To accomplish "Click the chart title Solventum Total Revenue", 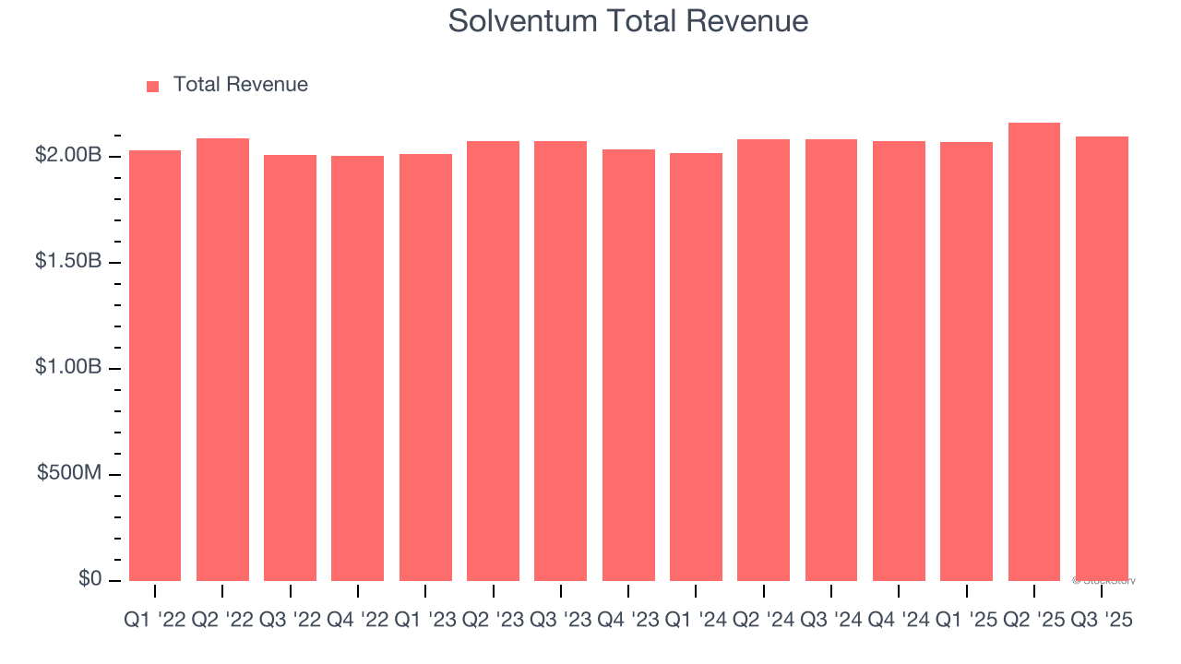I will (628, 21).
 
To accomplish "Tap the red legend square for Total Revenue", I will (153, 86).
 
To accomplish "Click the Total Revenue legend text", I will (240, 85).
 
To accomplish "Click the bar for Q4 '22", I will (358, 369).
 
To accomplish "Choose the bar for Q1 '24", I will (696, 369).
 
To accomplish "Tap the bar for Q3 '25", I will (1102, 360).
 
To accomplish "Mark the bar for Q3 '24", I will (831, 362).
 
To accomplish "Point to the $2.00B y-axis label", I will (68, 156).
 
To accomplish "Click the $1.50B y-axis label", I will (68, 262).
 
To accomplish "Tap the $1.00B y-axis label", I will (68, 368).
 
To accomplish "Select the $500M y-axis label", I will (69, 473).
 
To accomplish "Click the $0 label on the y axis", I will (90, 579).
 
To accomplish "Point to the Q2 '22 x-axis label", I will (222, 621).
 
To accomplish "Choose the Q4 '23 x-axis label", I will (628, 621).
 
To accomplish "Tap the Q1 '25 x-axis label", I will (966, 621).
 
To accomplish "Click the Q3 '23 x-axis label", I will (560, 621).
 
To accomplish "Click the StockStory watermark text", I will (1103, 581).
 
